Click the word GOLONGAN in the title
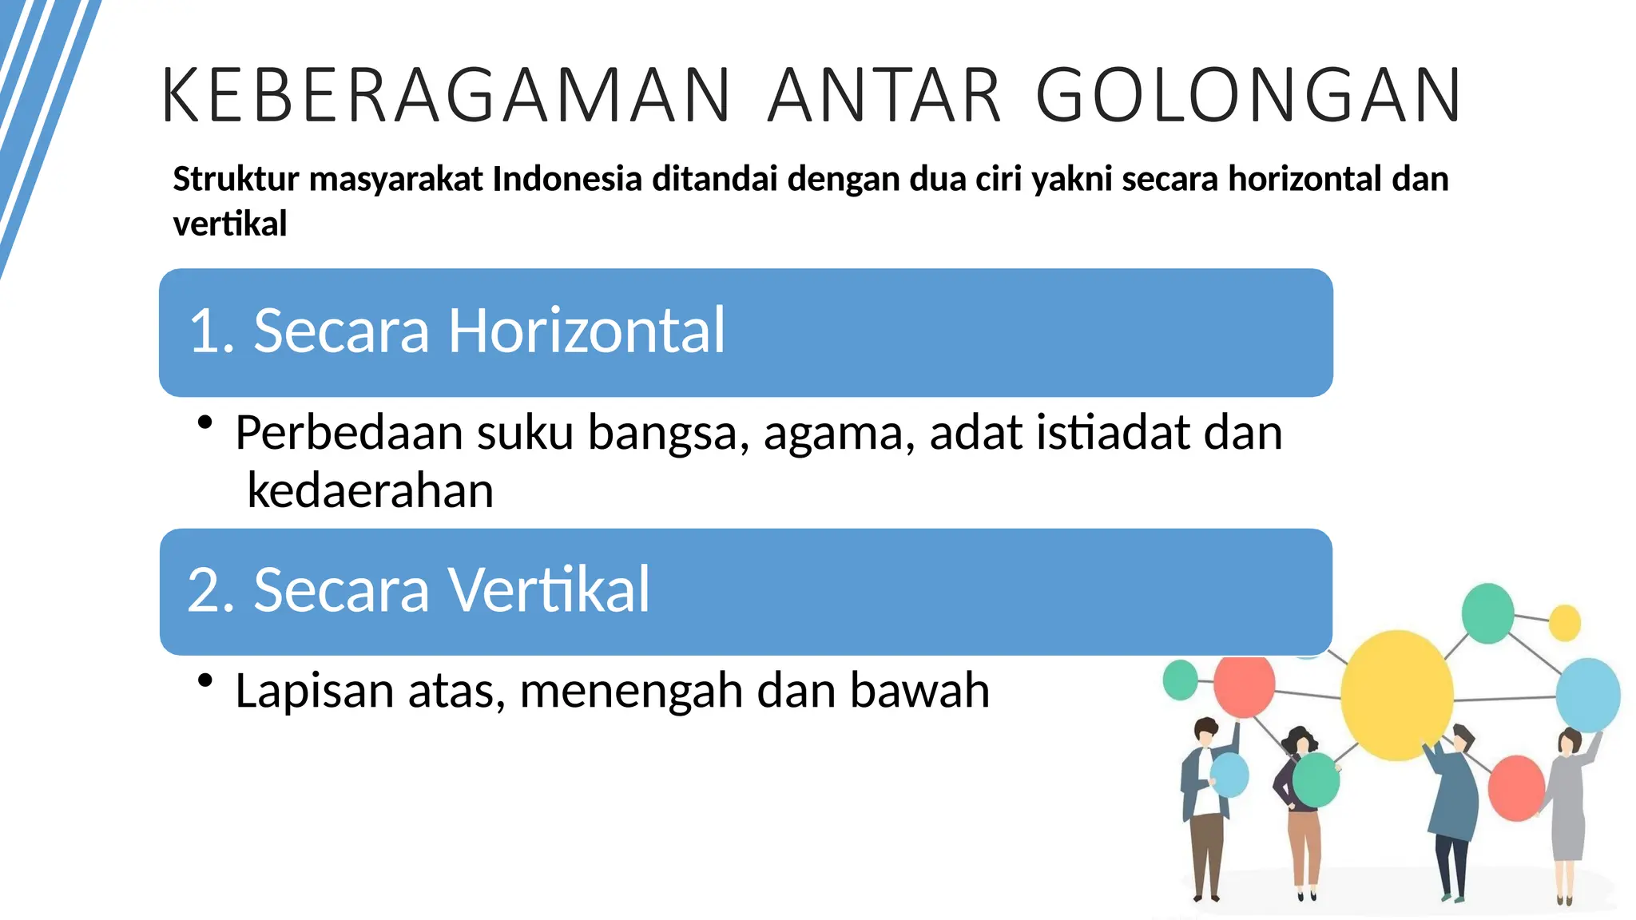point(1249,96)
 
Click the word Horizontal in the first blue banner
point(586,331)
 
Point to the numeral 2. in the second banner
point(211,590)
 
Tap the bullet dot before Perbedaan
point(205,422)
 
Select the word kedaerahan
point(370,490)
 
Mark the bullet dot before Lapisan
point(205,680)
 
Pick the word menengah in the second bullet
point(631,691)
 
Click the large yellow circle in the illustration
point(1396,695)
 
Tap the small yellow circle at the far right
point(1564,623)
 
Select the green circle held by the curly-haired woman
point(1316,780)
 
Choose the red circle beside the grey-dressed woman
point(1515,788)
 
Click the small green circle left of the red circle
point(1180,680)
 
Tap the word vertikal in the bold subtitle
point(229,224)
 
